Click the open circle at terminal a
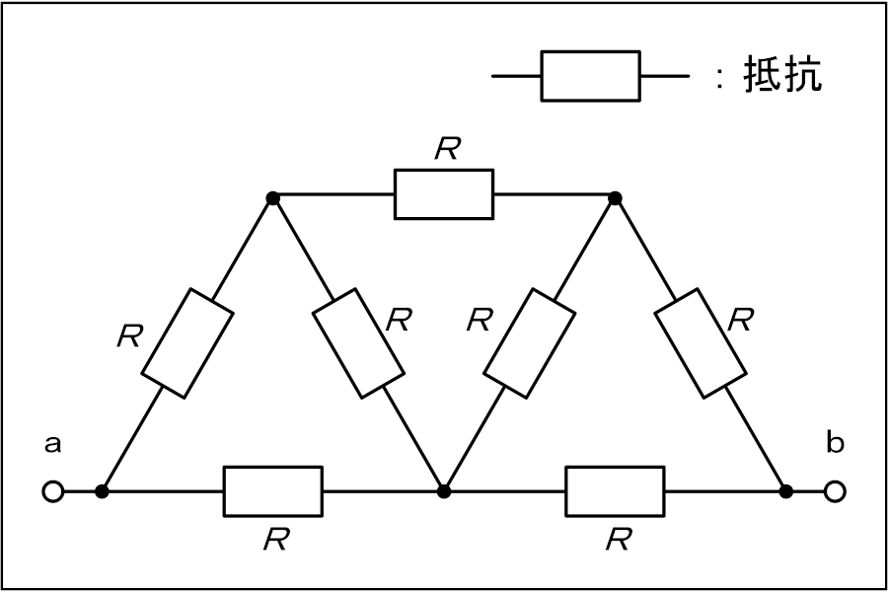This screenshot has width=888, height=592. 53,491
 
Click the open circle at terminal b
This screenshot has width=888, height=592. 835,491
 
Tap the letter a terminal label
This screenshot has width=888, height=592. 52,444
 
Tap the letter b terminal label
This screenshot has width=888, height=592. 835,441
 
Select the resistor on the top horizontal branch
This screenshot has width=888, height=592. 443,193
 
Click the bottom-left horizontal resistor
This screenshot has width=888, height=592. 273,491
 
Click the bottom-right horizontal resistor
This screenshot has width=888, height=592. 615,491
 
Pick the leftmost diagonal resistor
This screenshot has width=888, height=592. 186,343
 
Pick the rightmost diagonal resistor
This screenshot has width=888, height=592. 700,343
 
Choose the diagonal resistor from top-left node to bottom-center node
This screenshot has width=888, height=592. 358,343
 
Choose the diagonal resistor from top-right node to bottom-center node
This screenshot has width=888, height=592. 530,343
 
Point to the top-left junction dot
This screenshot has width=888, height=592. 273,198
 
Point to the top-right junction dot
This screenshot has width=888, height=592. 615,198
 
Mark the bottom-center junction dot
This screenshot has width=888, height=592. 444,491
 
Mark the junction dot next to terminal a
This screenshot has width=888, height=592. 102,491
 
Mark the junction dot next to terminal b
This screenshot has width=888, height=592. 786,491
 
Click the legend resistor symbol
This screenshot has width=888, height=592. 591,76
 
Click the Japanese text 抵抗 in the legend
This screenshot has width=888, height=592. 782,74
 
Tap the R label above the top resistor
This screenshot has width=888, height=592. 447,148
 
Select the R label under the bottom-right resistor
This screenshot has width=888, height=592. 619,539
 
